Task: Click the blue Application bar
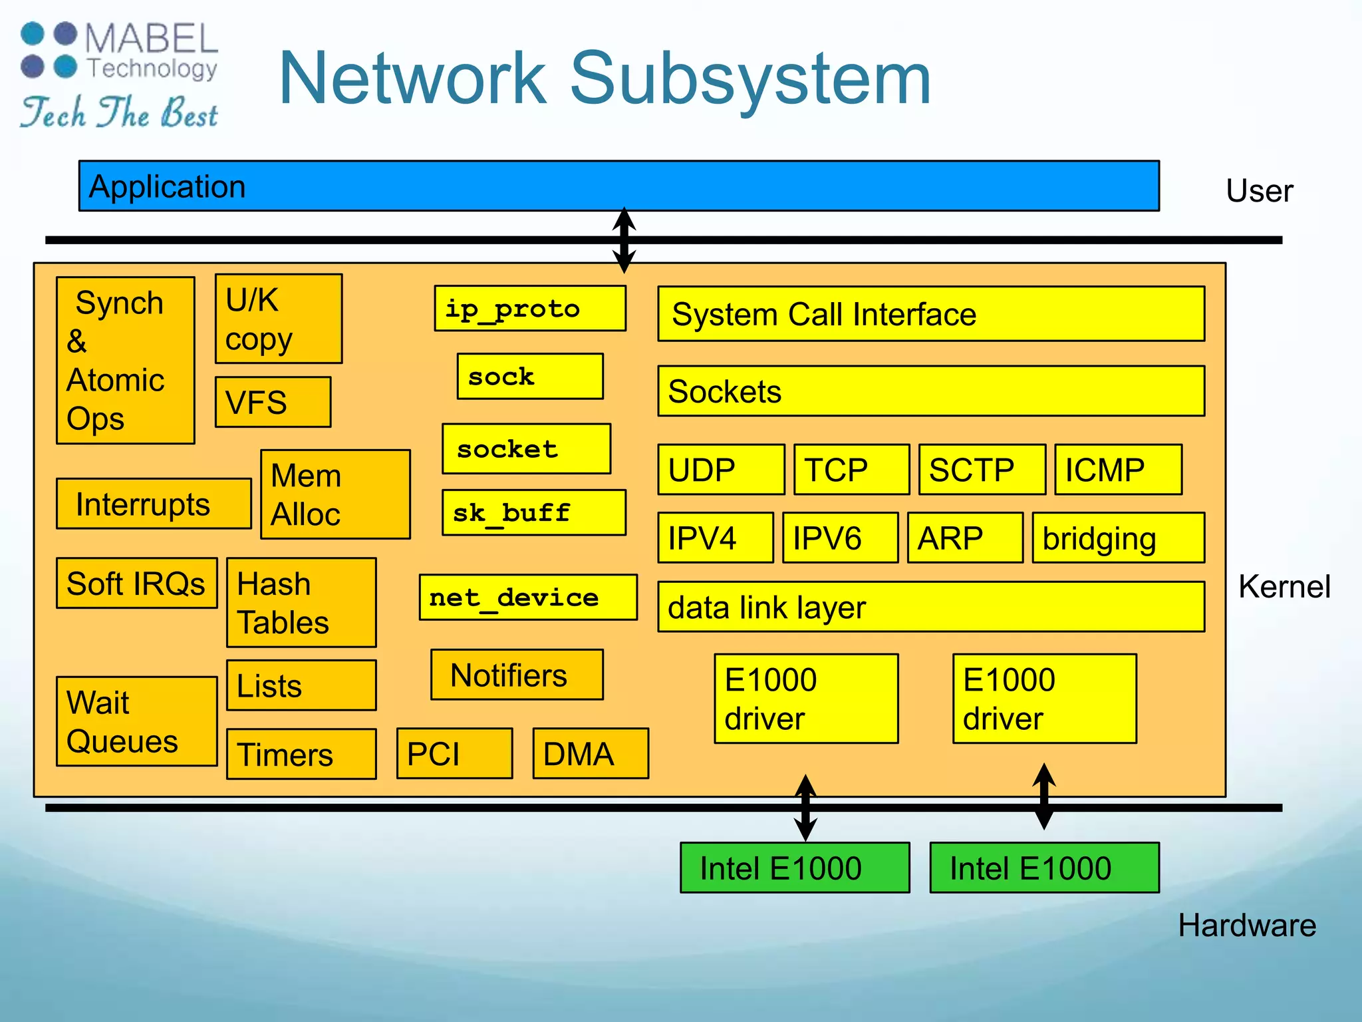point(618,186)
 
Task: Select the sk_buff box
point(534,513)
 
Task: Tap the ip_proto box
point(530,309)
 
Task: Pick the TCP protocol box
point(851,470)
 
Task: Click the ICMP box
point(1118,470)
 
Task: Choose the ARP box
point(965,538)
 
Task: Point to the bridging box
point(1118,538)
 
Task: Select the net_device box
point(528,597)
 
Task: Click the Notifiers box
point(517,675)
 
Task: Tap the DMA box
point(591,753)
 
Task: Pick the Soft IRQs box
point(136,584)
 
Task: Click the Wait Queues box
point(136,721)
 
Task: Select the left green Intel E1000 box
point(795,868)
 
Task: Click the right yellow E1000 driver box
point(1044,699)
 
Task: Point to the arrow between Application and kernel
point(624,240)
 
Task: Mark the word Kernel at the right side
point(1284,587)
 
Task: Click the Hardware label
point(1247,926)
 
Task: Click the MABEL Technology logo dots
point(49,50)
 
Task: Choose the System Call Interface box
point(931,314)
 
